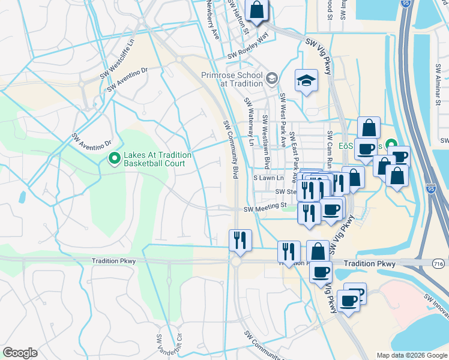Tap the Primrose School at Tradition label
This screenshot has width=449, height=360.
[232, 79]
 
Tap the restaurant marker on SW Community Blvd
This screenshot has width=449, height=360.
[240, 240]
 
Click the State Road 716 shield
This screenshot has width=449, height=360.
[438, 263]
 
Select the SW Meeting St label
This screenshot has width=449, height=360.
[265, 208]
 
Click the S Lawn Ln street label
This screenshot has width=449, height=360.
[268, 178]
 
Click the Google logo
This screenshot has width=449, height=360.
[20, 353]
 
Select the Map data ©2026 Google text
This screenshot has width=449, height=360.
[412, 355]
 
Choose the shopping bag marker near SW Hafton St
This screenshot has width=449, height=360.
[256, 10]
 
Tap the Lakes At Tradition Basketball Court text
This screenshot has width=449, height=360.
[157, 159]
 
